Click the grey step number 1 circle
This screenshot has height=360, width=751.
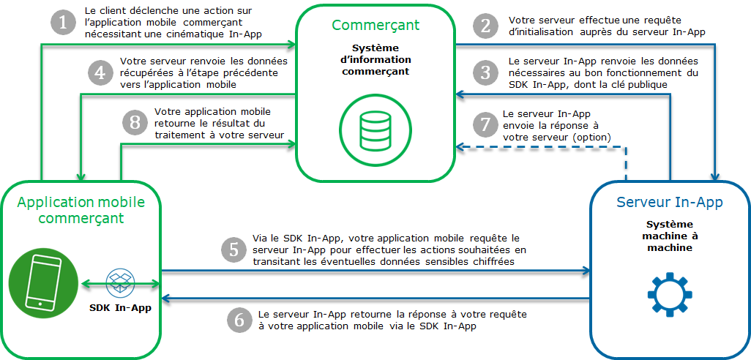pos(63,23)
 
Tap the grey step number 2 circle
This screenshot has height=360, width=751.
pos(485,26)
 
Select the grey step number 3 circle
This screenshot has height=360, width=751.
pos(485,72)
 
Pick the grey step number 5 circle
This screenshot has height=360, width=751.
pos(234,250)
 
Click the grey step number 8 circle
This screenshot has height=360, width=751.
pos(134,122)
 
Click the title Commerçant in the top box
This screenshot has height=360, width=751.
pos(375,26)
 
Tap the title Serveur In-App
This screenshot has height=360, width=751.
pos(670,202)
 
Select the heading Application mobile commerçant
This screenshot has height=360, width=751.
pos(81,209)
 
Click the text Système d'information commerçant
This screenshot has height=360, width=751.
pos(375,60)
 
